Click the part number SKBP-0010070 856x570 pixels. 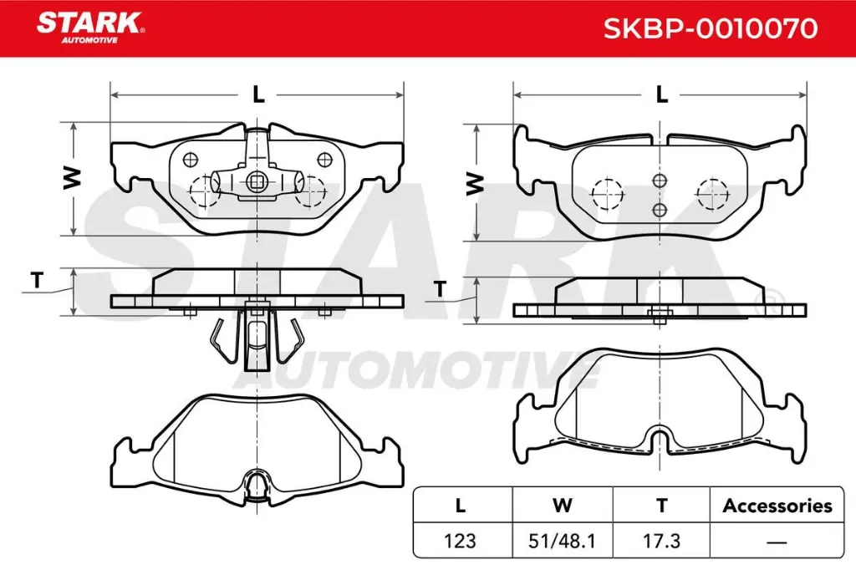[x=710, y=29]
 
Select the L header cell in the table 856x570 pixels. [x=461, y=506]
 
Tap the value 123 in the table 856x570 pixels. [x=461, y=541]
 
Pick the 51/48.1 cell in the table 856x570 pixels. [x=563, y=541]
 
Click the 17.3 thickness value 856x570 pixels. [x=661, y=541]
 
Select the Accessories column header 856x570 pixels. [x=777, y=506]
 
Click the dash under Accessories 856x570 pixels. [x=777, y=542]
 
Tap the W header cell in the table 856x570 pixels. [x=563, y=506]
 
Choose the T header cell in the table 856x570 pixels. [x=661, y=506]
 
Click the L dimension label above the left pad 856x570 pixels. [x=258, y=94]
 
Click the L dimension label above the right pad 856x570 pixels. [x=661, y=94]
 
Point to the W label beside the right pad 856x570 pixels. [x=475, y=183]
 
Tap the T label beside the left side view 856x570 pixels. [x=36, y=282]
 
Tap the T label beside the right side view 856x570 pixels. [x=439, y=290]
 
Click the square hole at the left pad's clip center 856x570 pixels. [x=257, y=180]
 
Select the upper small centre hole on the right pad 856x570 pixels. [x=660, y=180]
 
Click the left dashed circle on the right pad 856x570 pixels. [x=608, y=194]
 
